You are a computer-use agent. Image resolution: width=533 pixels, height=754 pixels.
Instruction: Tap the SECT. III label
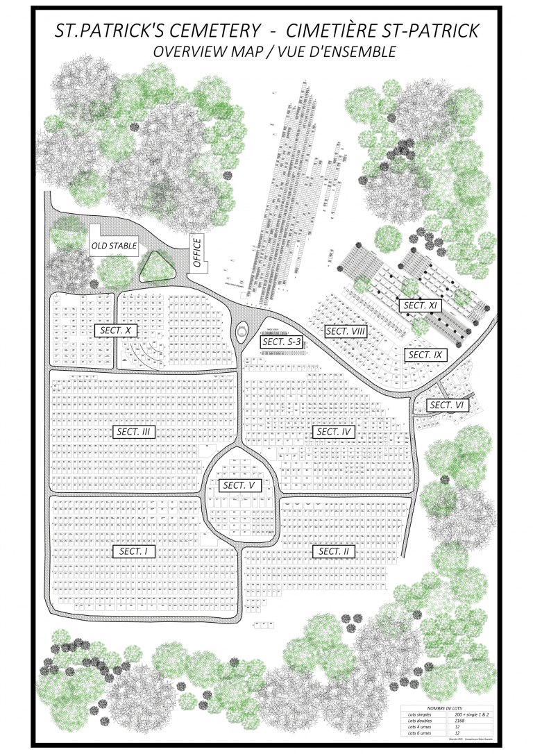tap(134, 432)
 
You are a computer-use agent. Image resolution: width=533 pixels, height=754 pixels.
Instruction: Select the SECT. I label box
tap(134, 551)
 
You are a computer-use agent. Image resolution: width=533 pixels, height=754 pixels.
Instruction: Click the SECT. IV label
tap(335, 432)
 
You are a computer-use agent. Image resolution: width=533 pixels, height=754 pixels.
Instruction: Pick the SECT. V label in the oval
tap(239, 485)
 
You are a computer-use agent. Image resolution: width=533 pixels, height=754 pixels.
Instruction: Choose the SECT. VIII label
tap(346, 331)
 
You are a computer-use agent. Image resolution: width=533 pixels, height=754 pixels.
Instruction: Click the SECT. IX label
tap(425, 355)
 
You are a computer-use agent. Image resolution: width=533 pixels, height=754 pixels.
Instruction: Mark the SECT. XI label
tap(419, 305)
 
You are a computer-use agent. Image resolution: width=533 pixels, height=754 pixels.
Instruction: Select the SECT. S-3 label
tap(280, 341)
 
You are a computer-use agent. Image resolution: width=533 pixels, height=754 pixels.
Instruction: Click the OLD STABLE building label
tap(114, 246)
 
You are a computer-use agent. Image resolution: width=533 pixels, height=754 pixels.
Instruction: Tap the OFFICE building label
tap(197, 253)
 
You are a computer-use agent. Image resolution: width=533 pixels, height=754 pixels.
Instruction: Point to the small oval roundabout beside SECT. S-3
tap(241, 333)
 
